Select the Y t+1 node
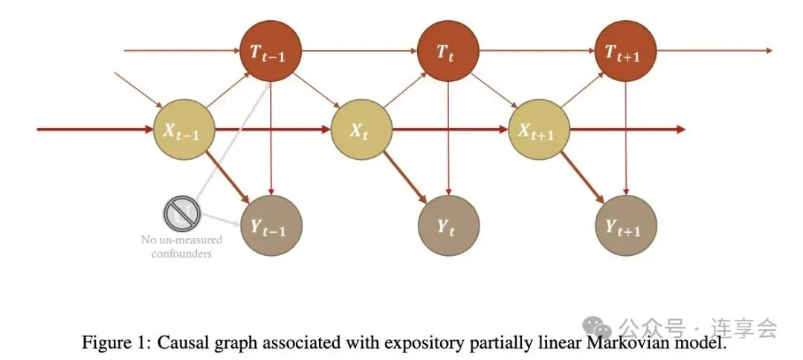click(x=626, y=225)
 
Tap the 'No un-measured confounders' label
click(x=181, y=247)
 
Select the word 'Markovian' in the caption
click(x=634, y=344)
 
